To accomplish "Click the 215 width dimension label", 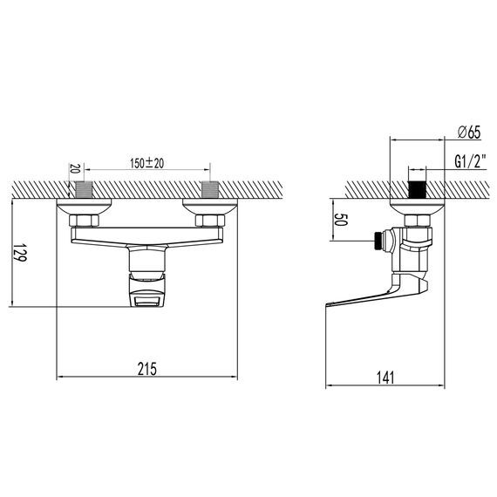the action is point(147,369).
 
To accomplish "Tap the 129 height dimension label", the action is point(20,252).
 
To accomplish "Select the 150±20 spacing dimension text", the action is point(147,163).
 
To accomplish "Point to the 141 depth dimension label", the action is point(385,378).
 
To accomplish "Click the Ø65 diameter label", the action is point(469,133).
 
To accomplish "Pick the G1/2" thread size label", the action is point(471,161).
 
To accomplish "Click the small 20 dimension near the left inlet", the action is point(74,168).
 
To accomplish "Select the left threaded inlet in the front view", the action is point(84,190).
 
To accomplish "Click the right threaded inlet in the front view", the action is point(210,190).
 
